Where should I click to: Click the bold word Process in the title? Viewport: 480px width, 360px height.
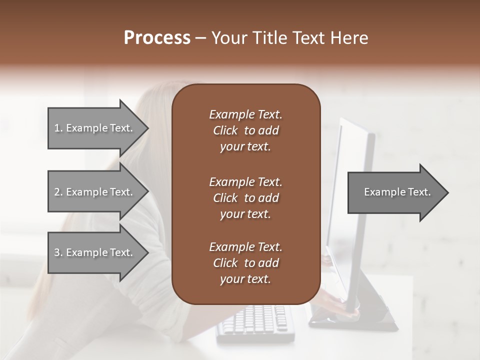[157, 38]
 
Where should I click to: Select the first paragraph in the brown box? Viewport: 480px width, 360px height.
[245, 130]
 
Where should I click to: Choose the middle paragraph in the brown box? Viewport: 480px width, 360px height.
[245, 198]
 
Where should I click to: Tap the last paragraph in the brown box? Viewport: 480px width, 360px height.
[245, 263]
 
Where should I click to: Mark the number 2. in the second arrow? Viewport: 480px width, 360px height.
[58, 192]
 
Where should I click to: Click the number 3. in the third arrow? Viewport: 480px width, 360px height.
[58, 252]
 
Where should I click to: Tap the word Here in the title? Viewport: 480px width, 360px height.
[349, 38]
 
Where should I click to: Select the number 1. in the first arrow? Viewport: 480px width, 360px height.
[58, 128]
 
